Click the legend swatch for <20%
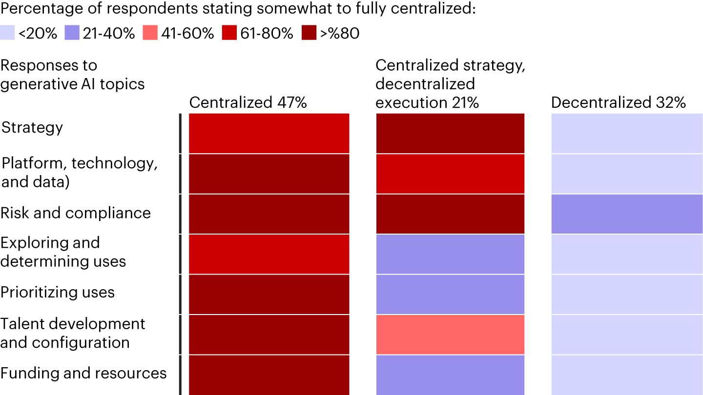(8, 33)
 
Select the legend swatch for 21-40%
(72, 33)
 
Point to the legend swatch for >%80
(310, 33)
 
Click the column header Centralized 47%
(248, 102)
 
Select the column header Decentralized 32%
(619, 102)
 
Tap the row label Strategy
(32, 128)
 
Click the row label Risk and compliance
(76, 213)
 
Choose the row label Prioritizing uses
(58, 293)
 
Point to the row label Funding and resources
(83, 374)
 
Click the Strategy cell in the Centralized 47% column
(269, 133)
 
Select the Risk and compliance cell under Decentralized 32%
(627, 214)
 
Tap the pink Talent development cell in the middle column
(450, 335)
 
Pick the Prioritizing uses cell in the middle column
(450, 294)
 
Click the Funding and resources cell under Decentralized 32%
(627, 375)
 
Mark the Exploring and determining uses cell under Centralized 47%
(269, 254)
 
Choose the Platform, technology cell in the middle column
(450, 174)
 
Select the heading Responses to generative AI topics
(72, 75)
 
